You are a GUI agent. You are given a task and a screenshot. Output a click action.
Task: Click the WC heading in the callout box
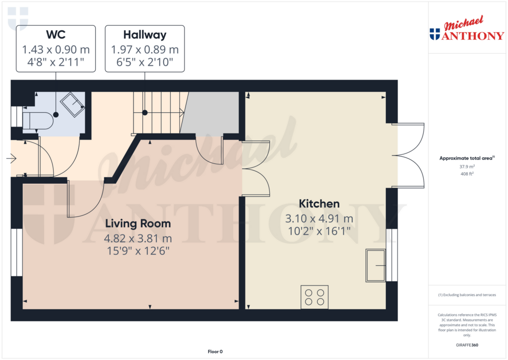(x=56, y=34)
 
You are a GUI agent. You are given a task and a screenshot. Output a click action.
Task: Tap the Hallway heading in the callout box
(x=145, y=35)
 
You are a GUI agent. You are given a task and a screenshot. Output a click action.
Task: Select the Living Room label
(x=138, y=223)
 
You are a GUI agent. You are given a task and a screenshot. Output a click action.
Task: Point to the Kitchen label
(x=319, y=204)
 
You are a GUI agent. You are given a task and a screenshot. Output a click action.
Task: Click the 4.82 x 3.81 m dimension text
(x=138, y=239)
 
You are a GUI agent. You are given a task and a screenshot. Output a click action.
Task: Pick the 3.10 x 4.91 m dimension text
(x=319, y=219)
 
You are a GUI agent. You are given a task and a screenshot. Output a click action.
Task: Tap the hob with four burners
(x=314, y=297)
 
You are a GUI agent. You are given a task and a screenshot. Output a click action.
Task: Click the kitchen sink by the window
(x=376, y=265)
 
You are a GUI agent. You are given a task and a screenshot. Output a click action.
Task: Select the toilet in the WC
(x=38, y=121)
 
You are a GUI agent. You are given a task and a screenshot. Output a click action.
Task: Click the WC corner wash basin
(x=72, y=105)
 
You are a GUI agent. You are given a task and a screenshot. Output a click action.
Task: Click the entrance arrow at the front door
(x=11, y=158)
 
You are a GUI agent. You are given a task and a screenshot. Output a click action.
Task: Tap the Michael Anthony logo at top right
(x=467, y=28)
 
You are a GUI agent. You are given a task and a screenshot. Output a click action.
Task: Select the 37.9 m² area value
(x=467, y=167)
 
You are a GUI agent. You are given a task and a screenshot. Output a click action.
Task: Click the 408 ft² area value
(x=467, y=174)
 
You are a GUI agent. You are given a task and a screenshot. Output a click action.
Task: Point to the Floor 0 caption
(x=215, y=352)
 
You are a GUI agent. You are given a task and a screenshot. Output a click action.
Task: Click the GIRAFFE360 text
(x=467, y=345)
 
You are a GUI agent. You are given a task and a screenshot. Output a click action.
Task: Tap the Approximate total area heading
(x=467, y=158)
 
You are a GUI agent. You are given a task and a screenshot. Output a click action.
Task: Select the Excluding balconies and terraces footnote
(x=467, y=295)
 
